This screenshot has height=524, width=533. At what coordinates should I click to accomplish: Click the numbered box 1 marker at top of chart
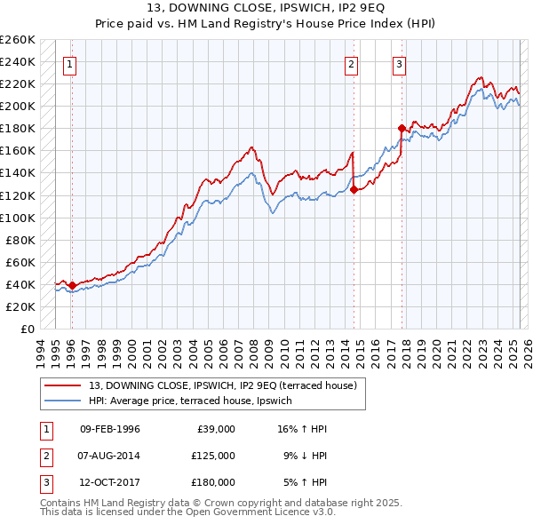coord(69,63)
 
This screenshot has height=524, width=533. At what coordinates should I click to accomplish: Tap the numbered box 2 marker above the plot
coord(352,63)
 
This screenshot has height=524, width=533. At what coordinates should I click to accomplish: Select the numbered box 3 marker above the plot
coord(400,63)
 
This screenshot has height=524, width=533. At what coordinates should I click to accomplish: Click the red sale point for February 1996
coord(72,285)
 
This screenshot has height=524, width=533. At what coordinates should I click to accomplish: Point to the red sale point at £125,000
coord(354,189)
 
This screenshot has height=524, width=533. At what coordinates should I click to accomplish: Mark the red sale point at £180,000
coord(402,128)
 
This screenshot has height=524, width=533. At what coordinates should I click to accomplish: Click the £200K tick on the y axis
coord(18,106)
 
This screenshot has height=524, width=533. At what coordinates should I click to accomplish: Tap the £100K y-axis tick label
coord(18,218)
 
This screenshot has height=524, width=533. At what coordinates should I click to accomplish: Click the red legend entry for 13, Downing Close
coord(222,385)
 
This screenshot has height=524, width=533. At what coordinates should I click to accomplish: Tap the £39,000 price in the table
coord(213,429)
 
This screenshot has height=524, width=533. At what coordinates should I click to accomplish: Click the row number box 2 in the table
coord(44,455)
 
